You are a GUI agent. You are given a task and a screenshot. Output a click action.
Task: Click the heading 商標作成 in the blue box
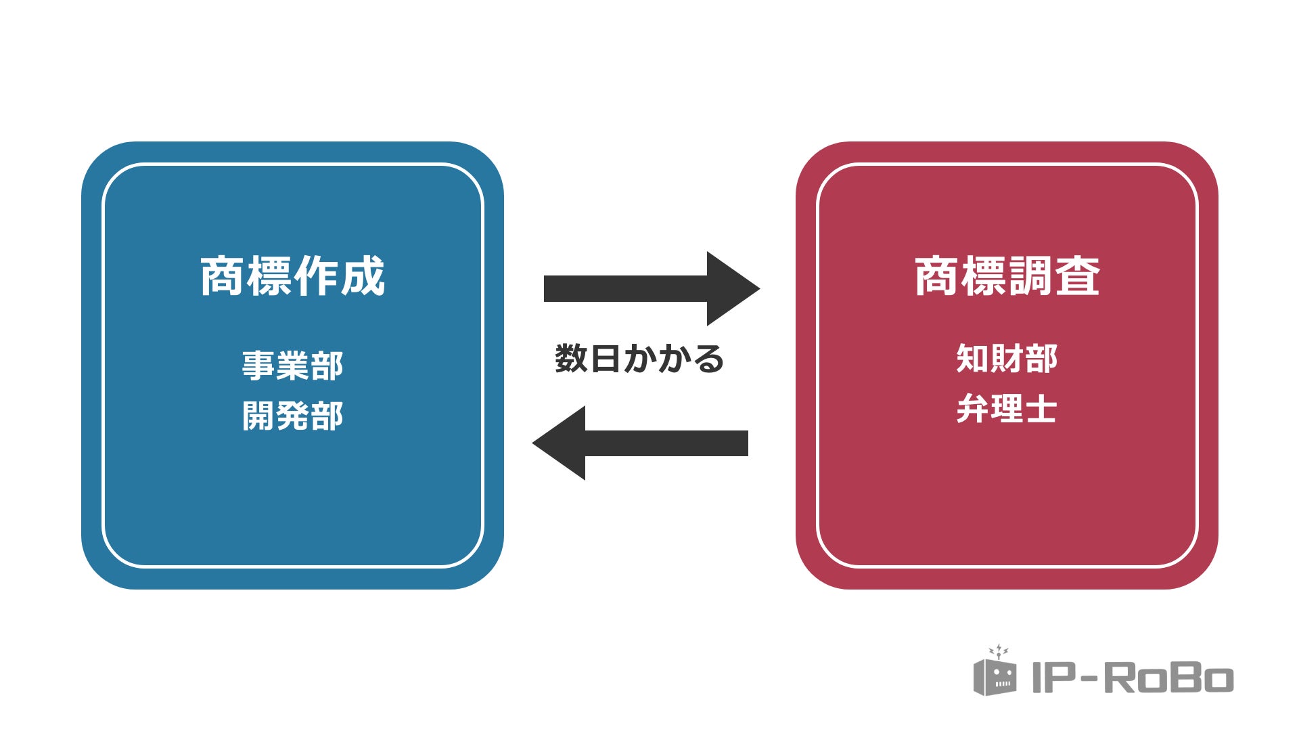[292, 276]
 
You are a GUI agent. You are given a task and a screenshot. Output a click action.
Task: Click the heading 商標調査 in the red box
[1007, 276]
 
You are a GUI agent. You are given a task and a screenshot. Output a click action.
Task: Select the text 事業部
[292, 365]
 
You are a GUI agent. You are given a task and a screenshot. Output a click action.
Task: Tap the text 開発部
[292, 415]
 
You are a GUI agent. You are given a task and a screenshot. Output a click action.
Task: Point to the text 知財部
[1007, 358]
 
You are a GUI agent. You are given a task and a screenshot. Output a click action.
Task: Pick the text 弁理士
[1007, 409]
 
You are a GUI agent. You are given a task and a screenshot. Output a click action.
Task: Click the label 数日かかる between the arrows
[639, 359]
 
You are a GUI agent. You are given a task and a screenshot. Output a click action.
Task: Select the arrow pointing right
[649, 288]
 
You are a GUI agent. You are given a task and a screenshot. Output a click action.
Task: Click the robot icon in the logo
[995, 674]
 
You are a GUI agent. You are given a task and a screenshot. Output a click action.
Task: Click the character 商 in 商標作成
[222, 276]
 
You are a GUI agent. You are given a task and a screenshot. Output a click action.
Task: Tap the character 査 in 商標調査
[1078, 276]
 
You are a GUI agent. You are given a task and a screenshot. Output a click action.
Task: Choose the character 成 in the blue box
[363, 276]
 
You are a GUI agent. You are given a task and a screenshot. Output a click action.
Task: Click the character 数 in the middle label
[570, 359]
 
